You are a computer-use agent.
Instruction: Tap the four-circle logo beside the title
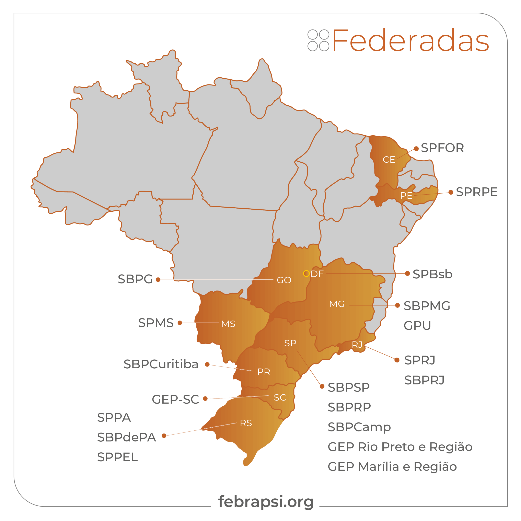coord(318,40)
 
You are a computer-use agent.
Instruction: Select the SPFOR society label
coord(442,148)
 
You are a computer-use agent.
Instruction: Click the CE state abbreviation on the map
coord(389,160)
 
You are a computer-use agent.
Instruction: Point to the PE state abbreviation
coord(406,196)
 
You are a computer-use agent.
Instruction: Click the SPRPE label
coord(476,192)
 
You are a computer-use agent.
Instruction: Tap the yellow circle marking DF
coord(306,274)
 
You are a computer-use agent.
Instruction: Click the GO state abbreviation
coord(284,280)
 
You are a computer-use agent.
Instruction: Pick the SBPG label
coord(135,279)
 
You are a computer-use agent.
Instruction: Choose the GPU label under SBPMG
coord(417,325)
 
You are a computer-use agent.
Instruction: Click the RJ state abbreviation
coord(357,345)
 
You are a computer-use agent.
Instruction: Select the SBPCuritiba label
coord(161,364)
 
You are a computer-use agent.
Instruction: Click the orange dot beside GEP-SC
coord(205,398)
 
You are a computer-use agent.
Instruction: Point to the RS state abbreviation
coord(246,423)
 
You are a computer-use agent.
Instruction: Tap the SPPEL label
coord(117,457)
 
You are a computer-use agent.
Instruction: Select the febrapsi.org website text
coord(266,502)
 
